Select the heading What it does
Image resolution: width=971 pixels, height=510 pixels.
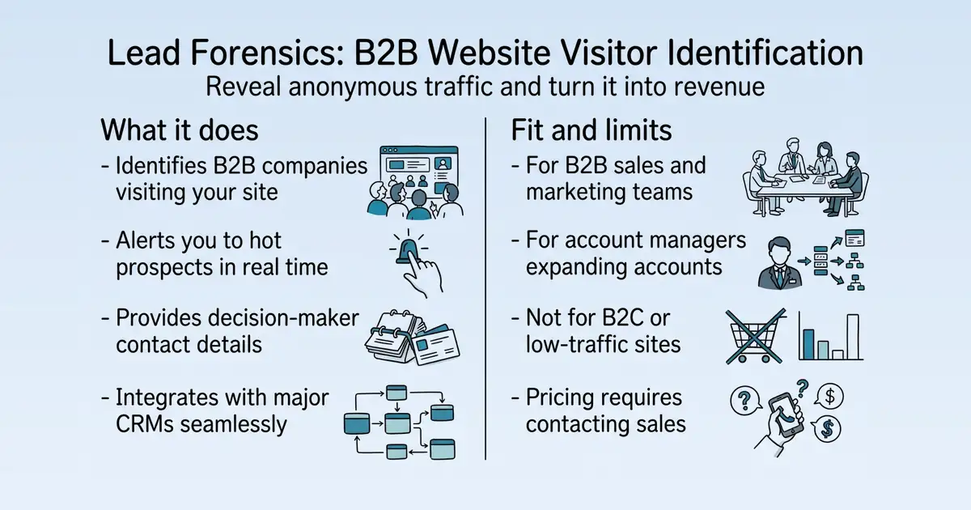(x=180, y=130)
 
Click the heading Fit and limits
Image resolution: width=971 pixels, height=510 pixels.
(x=592, y=130)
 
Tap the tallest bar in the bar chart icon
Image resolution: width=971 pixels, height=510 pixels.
(x=853, y=337)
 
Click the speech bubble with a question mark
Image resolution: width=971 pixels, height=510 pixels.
(x=745, y=400)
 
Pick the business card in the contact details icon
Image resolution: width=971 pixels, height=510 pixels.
(x=435, y=346)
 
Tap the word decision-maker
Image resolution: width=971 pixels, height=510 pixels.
(x=283, y=318)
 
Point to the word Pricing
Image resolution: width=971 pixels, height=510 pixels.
(x=560, y=398)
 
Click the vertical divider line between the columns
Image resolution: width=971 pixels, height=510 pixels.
(x=485, y=288)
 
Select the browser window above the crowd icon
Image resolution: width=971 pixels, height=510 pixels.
(x=419, y=170)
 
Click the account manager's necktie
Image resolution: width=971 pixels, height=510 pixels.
(x=780, y=277)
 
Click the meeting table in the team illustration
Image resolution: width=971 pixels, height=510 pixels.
(x=805, y=186)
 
